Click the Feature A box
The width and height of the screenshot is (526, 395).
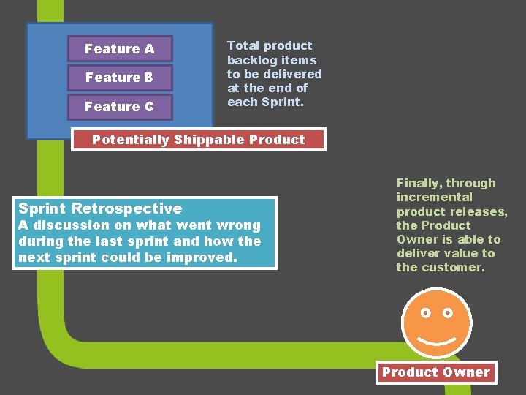coord(120,49)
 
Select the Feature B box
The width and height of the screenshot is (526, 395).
coord(120,78)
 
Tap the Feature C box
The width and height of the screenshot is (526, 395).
coord(120,107)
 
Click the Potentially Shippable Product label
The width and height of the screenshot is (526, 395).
coord(198,140)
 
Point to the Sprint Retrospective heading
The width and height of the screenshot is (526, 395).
coord(100,208)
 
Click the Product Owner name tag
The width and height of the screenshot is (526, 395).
coord(435,372)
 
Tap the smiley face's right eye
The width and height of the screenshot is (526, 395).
coord(448,313)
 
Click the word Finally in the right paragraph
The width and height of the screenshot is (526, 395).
coord(419,183)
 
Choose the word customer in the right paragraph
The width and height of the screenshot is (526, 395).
coord(458,268)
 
